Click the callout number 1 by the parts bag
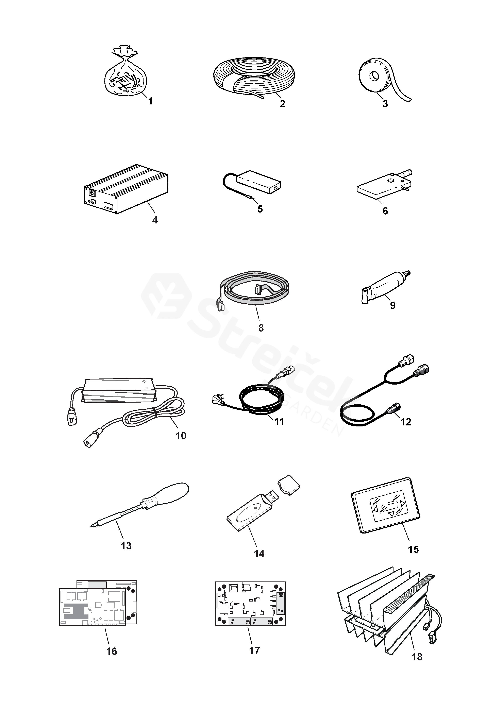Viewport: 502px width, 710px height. coord(150,101)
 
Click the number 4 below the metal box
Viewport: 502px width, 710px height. coord(155,220)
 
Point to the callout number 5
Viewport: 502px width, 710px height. coord(260,209)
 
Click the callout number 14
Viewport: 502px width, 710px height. coord(259,554)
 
